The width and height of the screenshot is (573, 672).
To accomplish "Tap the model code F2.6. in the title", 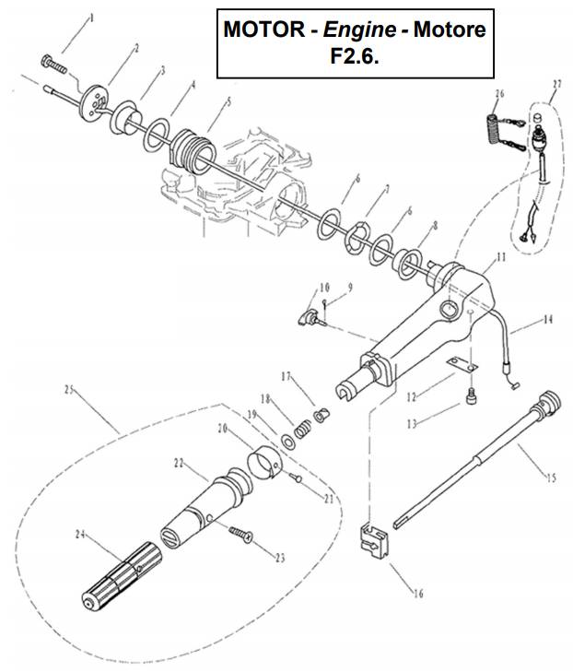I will point(356,55).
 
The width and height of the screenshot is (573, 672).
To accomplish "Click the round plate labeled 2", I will point(93,97).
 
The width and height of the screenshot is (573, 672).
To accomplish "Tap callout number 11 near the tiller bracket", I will point(500,258).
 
